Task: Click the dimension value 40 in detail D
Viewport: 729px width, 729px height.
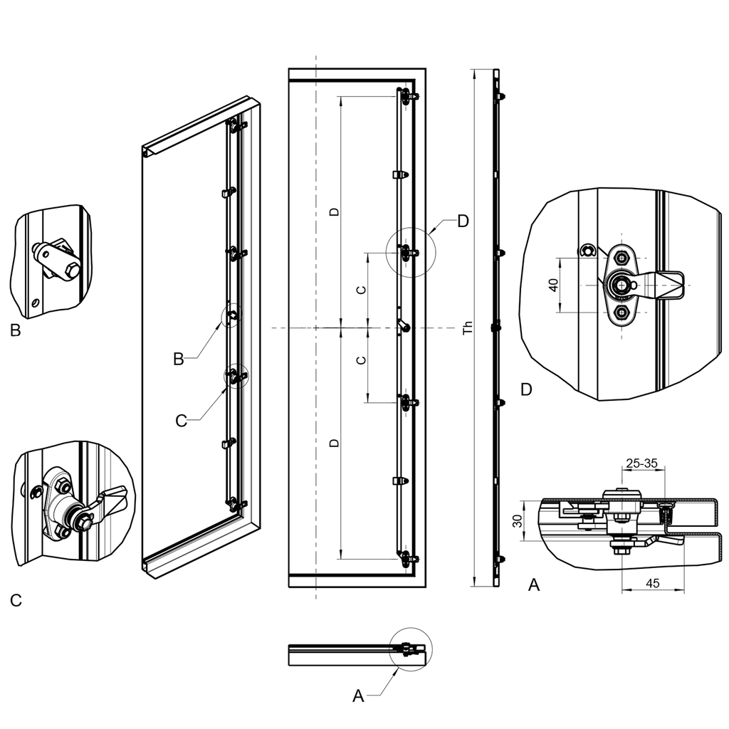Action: [x=553, y=285]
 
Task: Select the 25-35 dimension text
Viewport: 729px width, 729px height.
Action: [x=641, y=463]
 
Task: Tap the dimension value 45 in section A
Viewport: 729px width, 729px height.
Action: [x=652, y=583]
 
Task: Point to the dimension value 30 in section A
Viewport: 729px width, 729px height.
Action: [x=518, y=520]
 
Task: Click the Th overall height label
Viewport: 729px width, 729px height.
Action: [x=467, y=328]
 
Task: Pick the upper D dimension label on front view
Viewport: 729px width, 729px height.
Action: [x=333, y=211]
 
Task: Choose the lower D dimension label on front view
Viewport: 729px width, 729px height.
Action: [x=333, y=443]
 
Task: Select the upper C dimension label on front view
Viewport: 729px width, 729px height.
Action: [x=361, y=290]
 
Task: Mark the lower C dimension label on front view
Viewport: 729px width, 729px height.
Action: [x=361, y=360]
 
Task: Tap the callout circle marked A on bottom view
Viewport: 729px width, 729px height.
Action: [x=411, y=649]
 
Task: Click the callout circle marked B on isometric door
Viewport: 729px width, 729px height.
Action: [x=232, y=315]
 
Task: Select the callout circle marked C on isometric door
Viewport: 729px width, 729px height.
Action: [x=236, y=376]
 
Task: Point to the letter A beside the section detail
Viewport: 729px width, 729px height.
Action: [x=533, y=585]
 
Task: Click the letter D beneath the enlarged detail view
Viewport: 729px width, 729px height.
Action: [x=526, y=389]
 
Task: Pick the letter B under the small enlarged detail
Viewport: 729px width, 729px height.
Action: [x=16, y=330]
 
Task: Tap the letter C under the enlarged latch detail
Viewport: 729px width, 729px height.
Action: [x=16, y=601]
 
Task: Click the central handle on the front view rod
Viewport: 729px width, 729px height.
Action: [x=403, y=326]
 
